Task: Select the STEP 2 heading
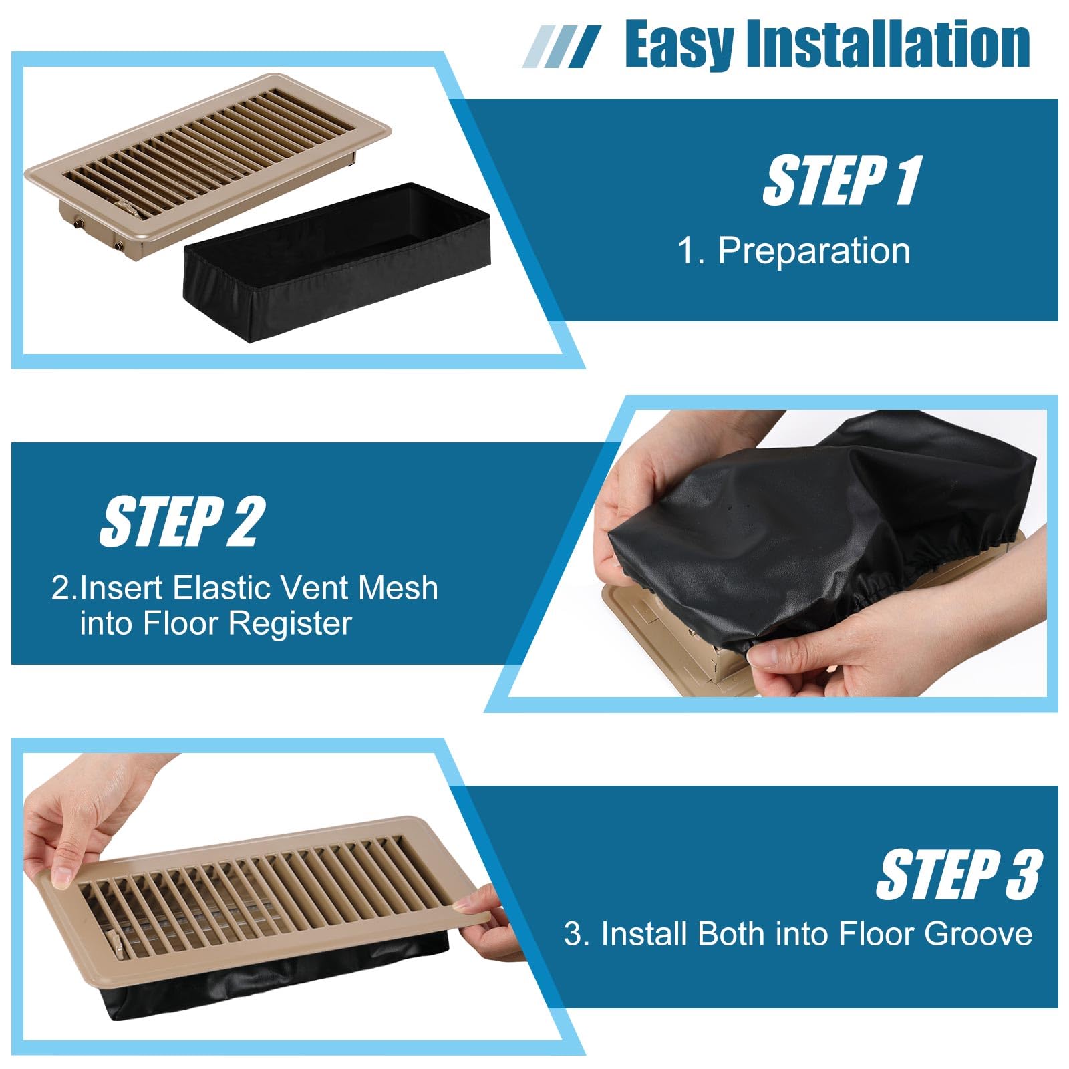pyautogui.click(x=182, y=522)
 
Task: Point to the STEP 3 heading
pyautogui.click(x=958, y=875)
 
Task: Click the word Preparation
pyautogui.click(x=813, y=252)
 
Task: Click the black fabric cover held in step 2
pyautogui.click(x=788, y=521)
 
